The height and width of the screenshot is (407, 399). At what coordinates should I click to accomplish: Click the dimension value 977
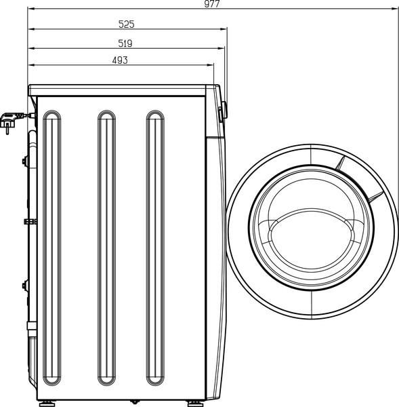213,4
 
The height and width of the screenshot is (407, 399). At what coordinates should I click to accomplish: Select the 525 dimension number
127,24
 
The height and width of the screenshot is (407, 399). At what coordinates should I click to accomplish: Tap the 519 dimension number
125,43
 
